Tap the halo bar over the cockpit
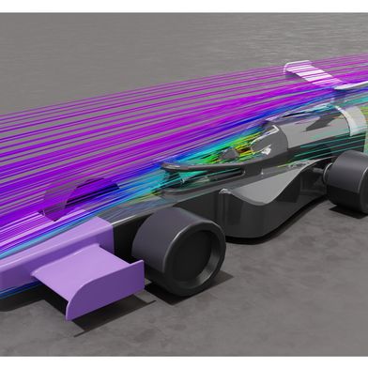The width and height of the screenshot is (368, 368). (x=202, y=164)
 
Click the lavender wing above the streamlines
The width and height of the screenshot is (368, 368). (x=310, y=69)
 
